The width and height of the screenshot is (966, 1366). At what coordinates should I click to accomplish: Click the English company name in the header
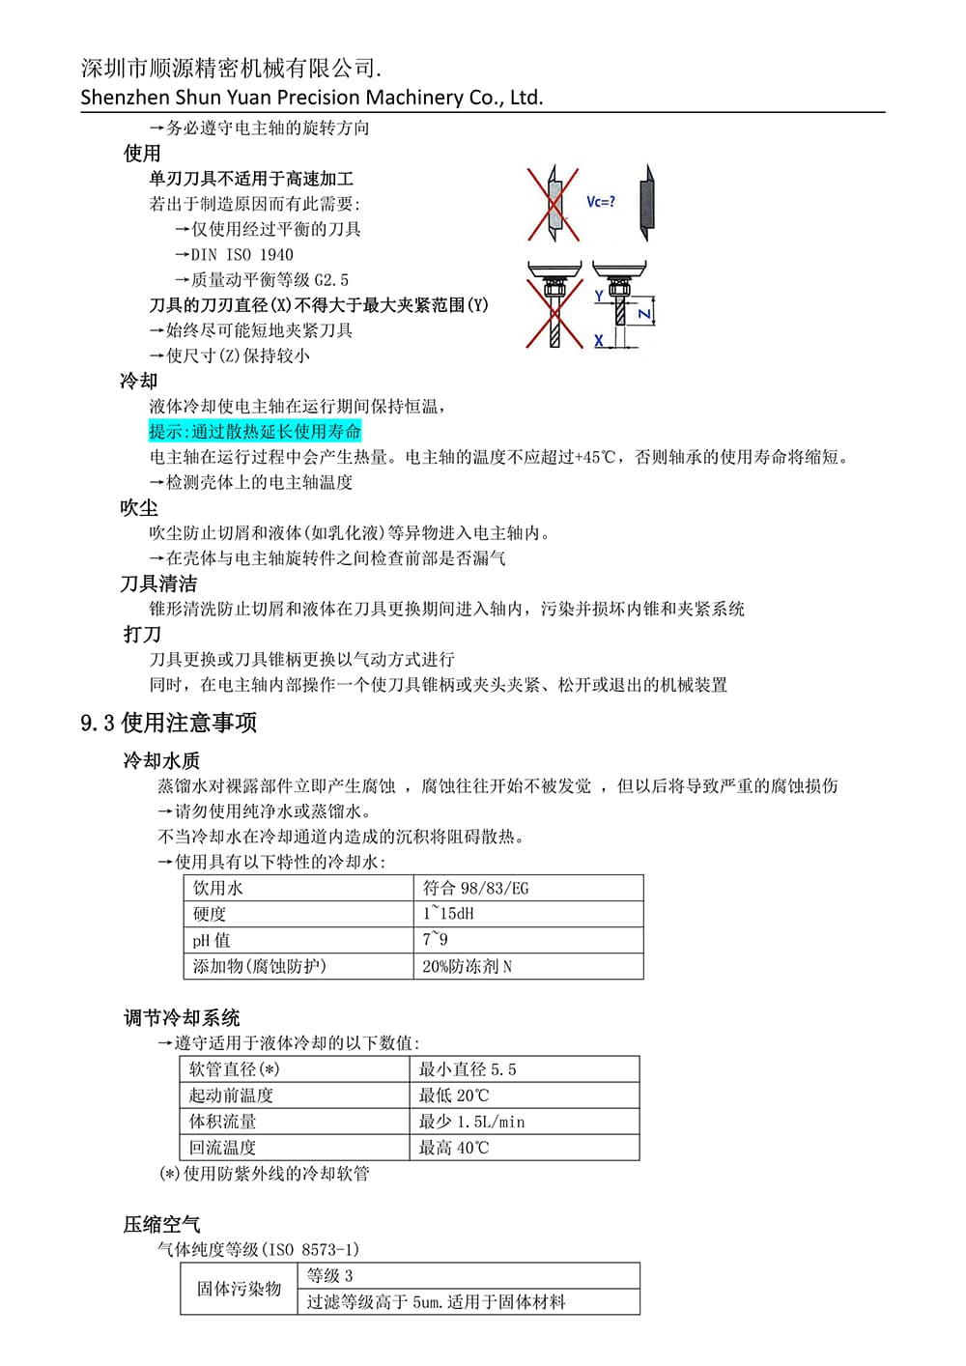point(311,98)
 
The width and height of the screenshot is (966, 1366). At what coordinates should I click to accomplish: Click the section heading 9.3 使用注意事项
point(168,723)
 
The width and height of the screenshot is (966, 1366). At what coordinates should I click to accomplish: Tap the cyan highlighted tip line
point(255,432)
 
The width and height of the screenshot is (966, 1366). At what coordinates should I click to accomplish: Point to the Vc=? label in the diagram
point(600,202)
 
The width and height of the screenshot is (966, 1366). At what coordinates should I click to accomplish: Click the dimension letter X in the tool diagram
point(599,340)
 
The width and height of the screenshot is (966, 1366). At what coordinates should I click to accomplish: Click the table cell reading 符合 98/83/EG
point(475,888)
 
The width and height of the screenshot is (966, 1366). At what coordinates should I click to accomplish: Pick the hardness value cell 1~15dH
point(448,914)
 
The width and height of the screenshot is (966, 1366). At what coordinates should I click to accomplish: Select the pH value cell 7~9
point(435,940)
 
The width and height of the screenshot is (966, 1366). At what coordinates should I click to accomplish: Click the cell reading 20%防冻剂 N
point(467,966)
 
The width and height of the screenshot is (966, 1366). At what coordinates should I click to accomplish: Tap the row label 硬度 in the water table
point(210,914)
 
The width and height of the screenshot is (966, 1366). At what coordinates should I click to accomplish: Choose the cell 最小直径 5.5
point(468,1069)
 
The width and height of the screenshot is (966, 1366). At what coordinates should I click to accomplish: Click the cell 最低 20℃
point(454,1096)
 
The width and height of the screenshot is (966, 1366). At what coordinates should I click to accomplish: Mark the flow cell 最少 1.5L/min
point(471,1122)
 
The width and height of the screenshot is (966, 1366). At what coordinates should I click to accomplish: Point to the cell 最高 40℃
point(454,1148)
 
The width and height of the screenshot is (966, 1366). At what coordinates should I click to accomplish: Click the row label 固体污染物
point(239,1289)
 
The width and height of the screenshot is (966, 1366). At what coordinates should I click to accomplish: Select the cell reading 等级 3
point(329,1275)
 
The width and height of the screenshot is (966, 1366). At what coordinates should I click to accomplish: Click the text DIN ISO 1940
point(241,255)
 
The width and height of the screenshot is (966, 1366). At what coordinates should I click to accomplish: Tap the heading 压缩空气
point(161,1224)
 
